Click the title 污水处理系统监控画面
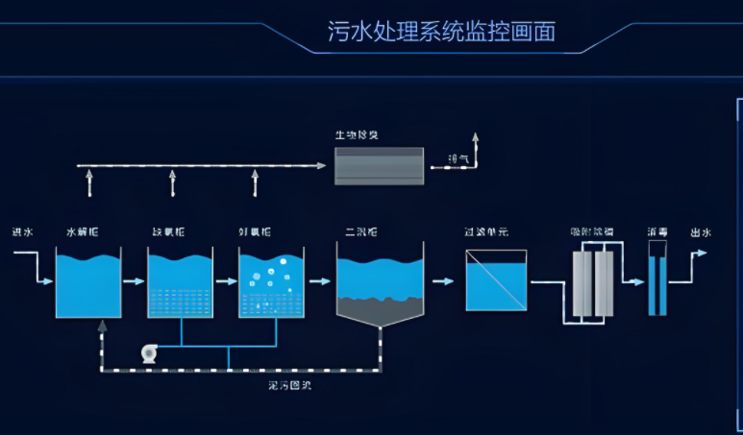tap(441, 31)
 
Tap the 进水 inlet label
tap(22, 232)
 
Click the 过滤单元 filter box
tap(496, 280)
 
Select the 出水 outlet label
tap(700, 232)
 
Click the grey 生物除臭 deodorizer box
tap(379, 165)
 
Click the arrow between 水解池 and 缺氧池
tap(135, 281)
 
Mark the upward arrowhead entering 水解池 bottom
tap(101, 326)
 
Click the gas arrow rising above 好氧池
tap(255, 181)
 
